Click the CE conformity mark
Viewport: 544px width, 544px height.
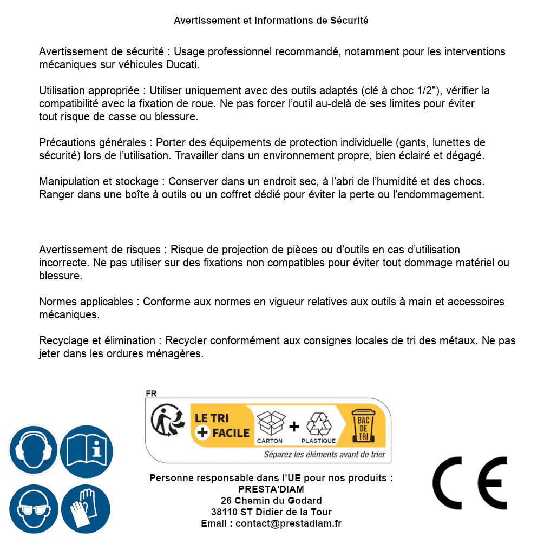pos(470,483)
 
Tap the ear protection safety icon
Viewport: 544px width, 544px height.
pos(34,450)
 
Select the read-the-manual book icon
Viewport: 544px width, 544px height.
pos(87,450)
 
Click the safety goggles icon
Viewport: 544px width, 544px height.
pos(34,509)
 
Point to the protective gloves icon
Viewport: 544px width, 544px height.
pos(86,509)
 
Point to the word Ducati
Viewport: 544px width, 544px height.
pos(182,65)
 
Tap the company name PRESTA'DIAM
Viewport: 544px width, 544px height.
pos(271,489)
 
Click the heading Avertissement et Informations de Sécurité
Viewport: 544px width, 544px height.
pos(271,21)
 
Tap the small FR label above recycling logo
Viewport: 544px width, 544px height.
pos(151,394)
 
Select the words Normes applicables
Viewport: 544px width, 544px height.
pos(86,302)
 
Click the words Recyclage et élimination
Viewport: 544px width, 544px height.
pos(97,341)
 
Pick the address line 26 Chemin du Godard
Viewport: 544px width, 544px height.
pos(271,501)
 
